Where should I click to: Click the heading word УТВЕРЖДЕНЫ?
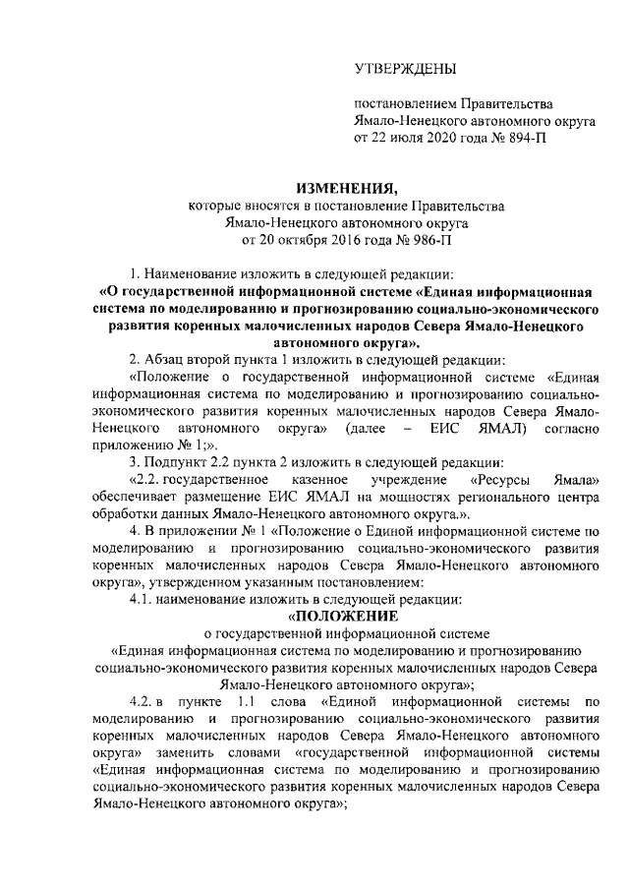coord(405,69)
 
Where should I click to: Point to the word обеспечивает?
coord(138,497)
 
